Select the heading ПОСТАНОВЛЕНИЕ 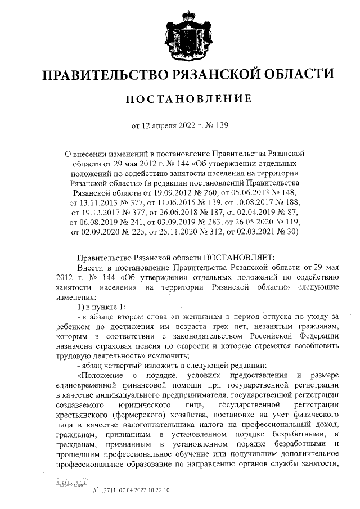coord(179,100)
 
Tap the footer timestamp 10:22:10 coord(160,490)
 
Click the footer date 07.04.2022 coord(132,490)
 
